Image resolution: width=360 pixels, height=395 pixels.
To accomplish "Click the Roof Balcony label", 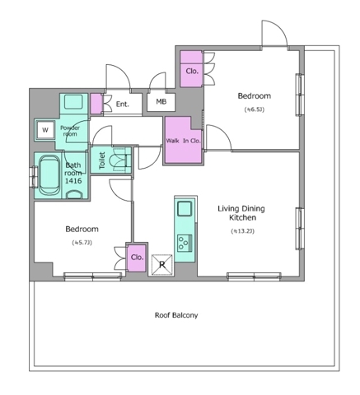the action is pyautogui.click(x=176, y=315).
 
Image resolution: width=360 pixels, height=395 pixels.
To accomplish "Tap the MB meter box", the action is pyautogui.click(x=161, y=102).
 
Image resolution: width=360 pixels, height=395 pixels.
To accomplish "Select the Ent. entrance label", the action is pyautogui.click(x=122, y=104).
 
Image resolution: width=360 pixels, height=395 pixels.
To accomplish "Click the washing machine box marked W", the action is pyautogui.click(x=45, y=130).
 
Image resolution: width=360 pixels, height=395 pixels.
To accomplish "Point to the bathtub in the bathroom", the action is pyautogui.click(x=49, y=175).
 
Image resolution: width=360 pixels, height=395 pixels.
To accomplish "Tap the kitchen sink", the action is pyautogui.click(x=185, y=208).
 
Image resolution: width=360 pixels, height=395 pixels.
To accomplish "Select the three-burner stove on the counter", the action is pyautogui.click(x=185, y=243).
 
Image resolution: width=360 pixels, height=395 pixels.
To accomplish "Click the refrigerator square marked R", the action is pyautogui.click(x=162, y=265).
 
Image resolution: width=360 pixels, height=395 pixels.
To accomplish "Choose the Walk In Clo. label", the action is pyautogui.click(x=184, y=141).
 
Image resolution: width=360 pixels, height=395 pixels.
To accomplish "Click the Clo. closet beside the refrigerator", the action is pyautogui.click(x=137, y=258).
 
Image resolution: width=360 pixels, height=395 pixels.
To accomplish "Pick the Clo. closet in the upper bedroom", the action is pyautogui.click(x=191, y=69).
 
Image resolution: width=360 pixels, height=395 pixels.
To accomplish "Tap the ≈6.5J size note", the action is pyautogui.click(x=255, y=109).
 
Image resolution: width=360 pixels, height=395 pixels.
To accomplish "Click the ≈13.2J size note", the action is pyautogui.click(x=242, y=231).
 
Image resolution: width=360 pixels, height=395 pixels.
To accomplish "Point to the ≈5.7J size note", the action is pyautogui.click(x=82, y=243).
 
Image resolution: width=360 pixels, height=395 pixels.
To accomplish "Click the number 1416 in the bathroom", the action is pyautogui.click(x=73, y=181).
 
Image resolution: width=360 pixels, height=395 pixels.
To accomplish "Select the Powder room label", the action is pyautogui.click(x=70, y=131).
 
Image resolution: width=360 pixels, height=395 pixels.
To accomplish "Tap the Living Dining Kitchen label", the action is pyautogui.click(x=241, y=213).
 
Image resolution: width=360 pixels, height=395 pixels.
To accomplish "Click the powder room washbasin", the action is pyautogui.click(x=73, y=102).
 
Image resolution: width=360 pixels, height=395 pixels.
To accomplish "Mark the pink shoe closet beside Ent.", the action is pyautogui.click(x=96, y=104).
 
